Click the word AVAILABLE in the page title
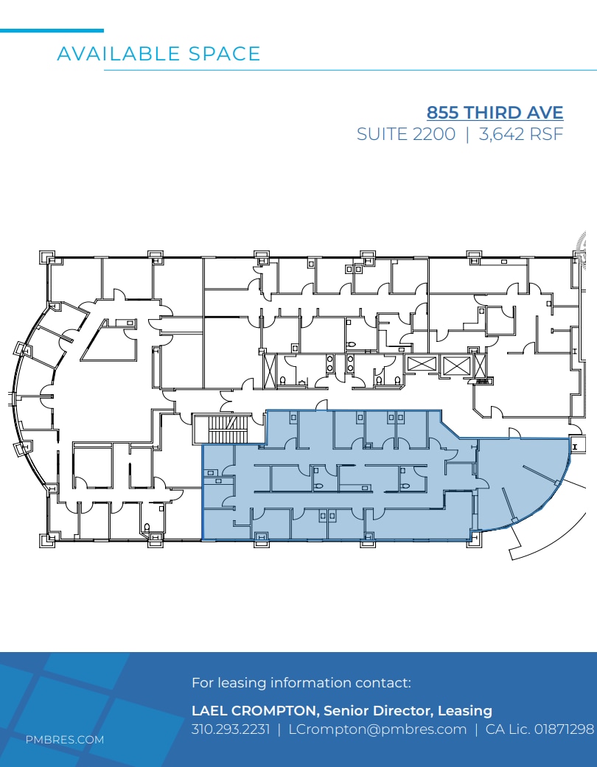click(118, 54)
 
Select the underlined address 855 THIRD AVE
click(495, 113)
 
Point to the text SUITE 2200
click(405, 135)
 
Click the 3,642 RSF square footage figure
click(520, 135)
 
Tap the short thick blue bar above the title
click(52, 30)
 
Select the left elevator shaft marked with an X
click(422, 364)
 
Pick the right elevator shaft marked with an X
click(455, 364)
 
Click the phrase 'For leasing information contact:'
click(301, 683)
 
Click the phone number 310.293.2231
click(231, 729)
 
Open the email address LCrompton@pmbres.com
click(377, 729)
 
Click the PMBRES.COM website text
click(65, 740)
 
